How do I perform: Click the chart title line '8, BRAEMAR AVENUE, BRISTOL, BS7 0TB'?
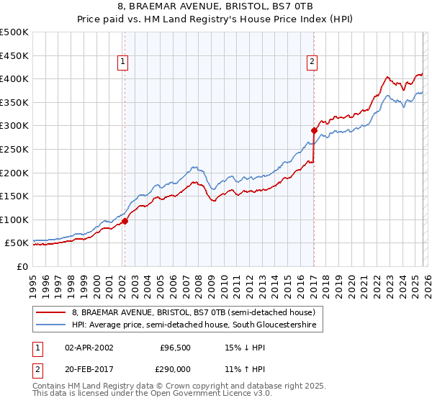click(216, 7)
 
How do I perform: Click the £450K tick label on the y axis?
click(14, 55)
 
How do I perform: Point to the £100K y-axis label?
click(14, 219)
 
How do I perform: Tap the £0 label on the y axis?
click(22, 266)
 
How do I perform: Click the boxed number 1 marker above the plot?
click(124, 63)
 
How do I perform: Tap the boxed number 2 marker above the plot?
click(312, 63)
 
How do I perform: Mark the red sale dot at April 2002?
click(125, 221)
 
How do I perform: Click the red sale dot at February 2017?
click(314, 130)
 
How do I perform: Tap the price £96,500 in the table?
click(174, 347)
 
